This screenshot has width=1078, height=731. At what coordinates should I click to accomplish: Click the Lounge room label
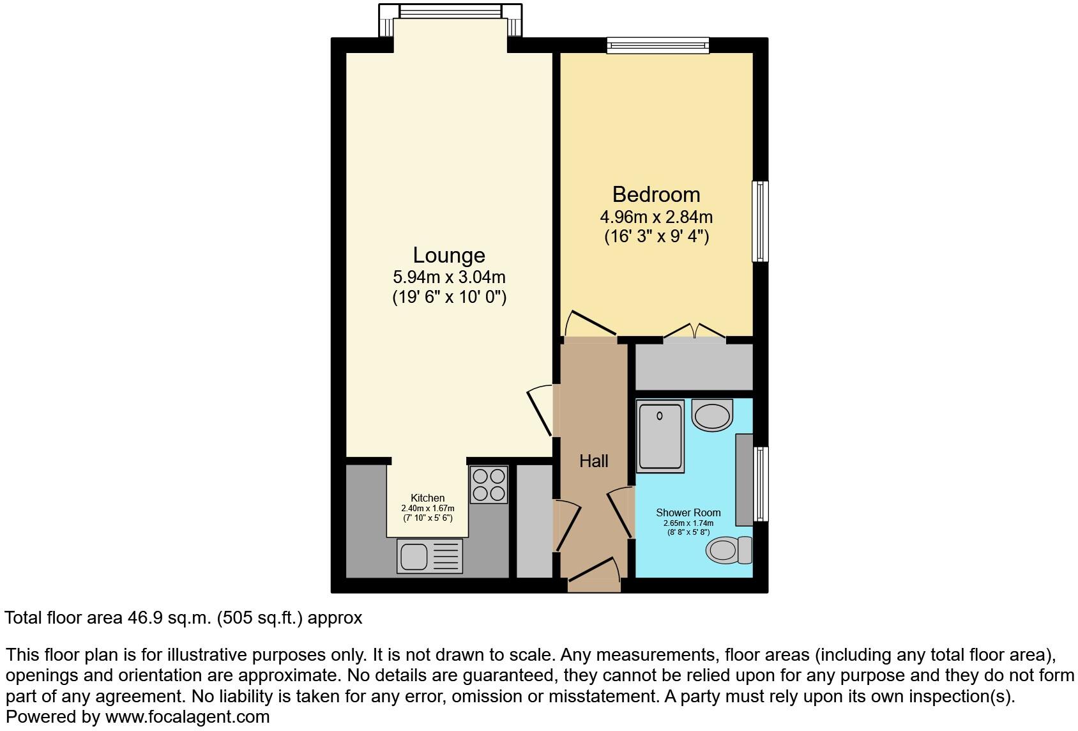pyautogui.click(x=449, y=255)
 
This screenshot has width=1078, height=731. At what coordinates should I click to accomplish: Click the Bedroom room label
pyautogui.click(x=656, y=194)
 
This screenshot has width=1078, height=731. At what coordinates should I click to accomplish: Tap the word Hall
pyautogui.click(x=593, y=461)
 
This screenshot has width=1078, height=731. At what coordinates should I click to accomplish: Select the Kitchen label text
pyautogui.click(x=427, y=498)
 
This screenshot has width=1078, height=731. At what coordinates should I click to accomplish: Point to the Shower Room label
pyautogui.click(x=688, y=512)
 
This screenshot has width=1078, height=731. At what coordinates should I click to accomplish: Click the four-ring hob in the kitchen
pyautogui.click(x=489, y=485)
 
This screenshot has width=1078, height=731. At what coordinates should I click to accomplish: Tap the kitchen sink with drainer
pyautogui.click(x=429, y=555)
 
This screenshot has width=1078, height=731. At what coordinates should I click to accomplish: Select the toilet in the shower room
pyautogui.click(x=728, y=550)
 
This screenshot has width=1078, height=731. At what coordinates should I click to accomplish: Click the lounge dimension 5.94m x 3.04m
pyautogui.click(x=449, y=277)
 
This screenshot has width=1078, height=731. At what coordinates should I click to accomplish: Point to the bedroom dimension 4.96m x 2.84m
pyautogui.click(x=656, y=217)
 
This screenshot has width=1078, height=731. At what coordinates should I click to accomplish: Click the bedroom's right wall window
pyautogui.click(x=760, y=221)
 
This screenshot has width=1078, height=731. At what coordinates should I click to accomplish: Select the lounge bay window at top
pyautogui.click(x=450, y=12)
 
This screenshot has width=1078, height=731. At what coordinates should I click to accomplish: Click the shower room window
pyautogui.click(x=760, y=484)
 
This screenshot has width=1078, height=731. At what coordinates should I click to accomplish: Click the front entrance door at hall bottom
pyautogui.click(x=594, y=578)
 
